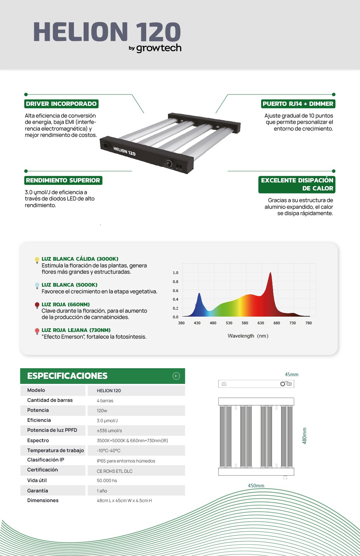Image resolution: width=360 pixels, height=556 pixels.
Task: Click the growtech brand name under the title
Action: pyautogui.click(x=159, y=48)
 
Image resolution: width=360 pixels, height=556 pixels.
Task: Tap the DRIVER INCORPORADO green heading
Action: pyautogui.click(x=61, y=104)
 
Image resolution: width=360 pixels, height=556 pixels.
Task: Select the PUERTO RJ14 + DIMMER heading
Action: pyautogui.click(x=298, y=104)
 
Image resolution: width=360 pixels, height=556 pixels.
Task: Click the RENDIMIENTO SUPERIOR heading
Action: pyautogui.click(x=63, y=180)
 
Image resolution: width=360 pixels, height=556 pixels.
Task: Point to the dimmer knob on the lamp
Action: pyautogui.click(x=169, y=163)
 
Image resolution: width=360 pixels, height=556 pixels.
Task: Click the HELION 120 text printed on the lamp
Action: pyautogui.click(x=124, y=151)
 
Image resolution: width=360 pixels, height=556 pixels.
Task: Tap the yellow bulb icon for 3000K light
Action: pyautogui.click(x=37, y=260)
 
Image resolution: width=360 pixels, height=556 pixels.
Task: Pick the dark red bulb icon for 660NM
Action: pyautogui.click(x=37, y=305)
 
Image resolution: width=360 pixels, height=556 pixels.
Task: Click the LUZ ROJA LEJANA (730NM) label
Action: pyautogui.click(x=76, y=330)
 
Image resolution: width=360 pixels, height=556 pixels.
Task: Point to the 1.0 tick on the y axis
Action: pyautogui.click(x=176, y=273)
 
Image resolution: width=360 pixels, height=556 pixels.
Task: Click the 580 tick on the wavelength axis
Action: pyautogui.click(x=245, y=323)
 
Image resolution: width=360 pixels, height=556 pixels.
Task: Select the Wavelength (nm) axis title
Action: pyautogui.click(x=248, y=336)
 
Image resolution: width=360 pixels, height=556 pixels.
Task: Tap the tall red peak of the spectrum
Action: pyautogui.click(x=270, y=275)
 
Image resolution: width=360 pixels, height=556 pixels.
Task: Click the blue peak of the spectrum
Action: pyautogui.click(x=199, y=295)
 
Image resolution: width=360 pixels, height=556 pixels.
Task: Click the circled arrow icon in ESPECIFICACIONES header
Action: pyautogui.click(x=176, y=376)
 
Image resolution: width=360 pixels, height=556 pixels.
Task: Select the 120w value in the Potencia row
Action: pyautogui.click(x=102, y=411)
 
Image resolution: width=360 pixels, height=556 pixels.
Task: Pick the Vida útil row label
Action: pyautogui.click(x=37, y=480)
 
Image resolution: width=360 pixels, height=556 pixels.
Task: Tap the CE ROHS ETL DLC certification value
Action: pyautogui.click(x=115, y=471)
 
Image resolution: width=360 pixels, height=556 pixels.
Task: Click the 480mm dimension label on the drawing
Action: pyautogui.click(x=304, y=436)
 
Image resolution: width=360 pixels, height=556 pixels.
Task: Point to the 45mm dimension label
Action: pyautogui.click(x=291, y=375)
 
